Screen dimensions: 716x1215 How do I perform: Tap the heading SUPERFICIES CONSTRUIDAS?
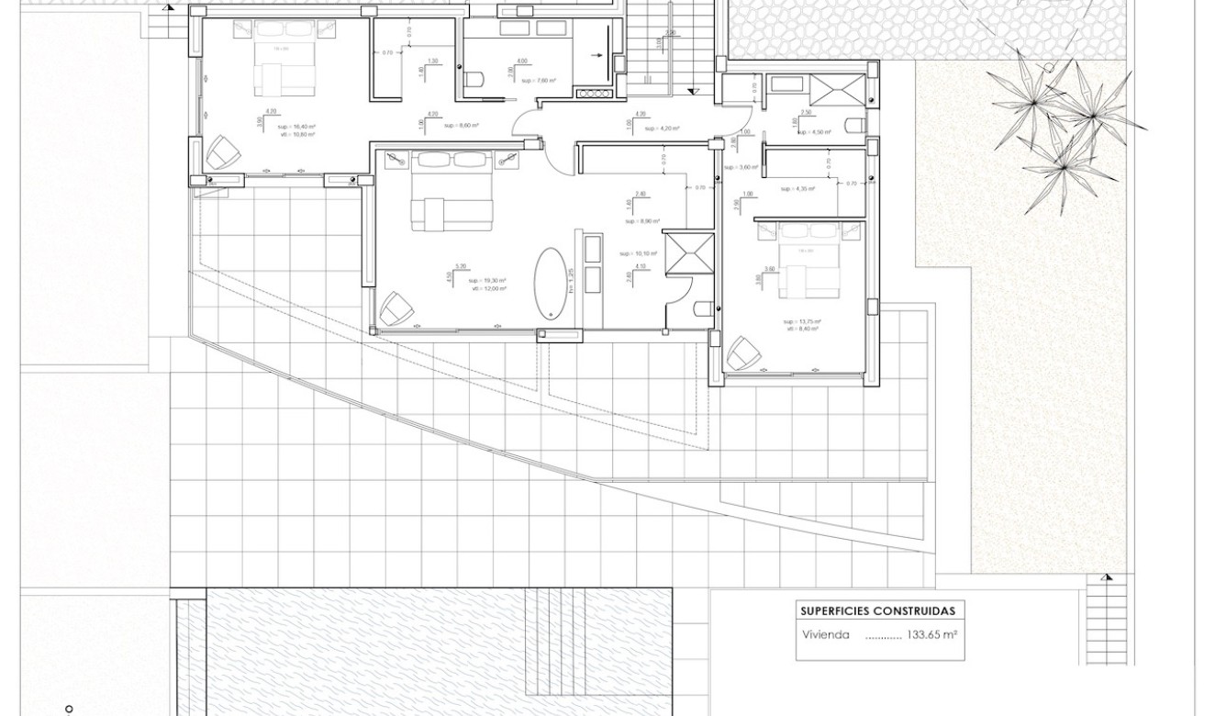[877, 611]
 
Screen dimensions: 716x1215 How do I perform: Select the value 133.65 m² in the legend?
[932, 634]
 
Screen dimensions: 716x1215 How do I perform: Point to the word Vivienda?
[825, 634]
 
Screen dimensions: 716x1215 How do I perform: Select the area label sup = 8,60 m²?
[462, 125]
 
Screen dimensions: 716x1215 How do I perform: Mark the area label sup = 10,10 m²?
[638, 253]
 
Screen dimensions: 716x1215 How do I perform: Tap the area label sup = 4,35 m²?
[798, 189]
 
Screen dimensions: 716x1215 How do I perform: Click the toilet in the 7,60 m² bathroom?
[474, 82]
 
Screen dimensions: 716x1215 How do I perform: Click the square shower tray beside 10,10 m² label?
[689, 253]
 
